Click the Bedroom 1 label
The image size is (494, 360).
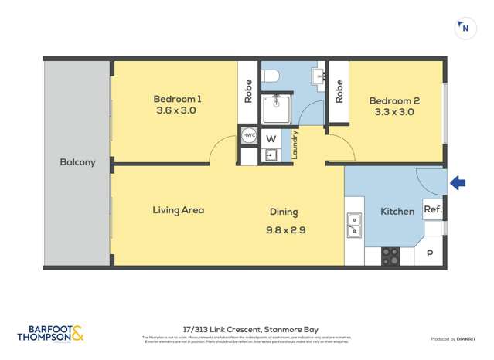[177, 98]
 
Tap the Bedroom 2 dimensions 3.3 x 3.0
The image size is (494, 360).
[393, 112]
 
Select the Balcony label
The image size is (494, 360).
[77, 162]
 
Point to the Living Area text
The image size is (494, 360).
[178, 209]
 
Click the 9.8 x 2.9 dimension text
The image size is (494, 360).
[283, 229]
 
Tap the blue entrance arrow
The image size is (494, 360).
[458, 183]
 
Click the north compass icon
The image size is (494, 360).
[464, 29]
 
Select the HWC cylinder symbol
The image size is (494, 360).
[248, 135]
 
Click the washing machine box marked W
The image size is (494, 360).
[271, 139]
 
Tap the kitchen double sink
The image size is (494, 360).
[354, 225]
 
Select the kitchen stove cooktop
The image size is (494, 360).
[390, 256]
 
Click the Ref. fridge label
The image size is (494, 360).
[432, 209]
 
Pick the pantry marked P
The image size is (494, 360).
[430, 254]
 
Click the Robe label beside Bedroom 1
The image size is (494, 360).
[248, 92]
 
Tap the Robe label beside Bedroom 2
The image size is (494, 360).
[339, 92]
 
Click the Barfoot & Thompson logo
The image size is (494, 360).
[50, 334]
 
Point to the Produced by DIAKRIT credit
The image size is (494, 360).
[454, 339]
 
